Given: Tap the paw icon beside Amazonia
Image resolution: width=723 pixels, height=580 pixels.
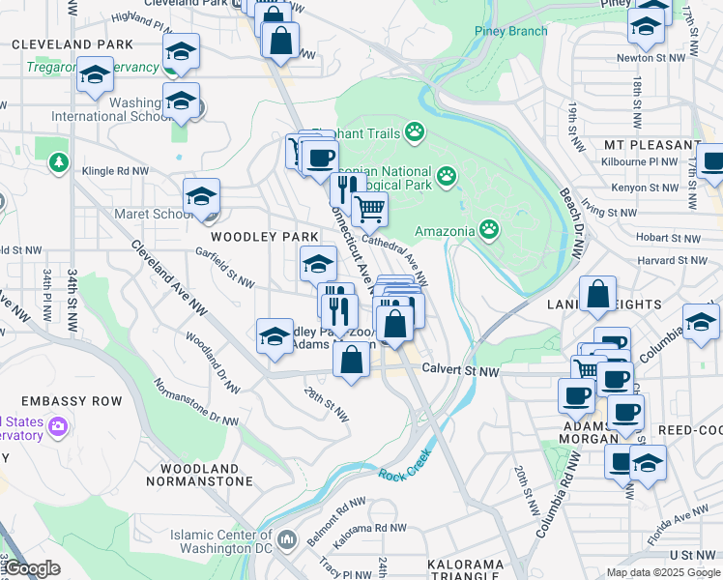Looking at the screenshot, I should coord(490,230).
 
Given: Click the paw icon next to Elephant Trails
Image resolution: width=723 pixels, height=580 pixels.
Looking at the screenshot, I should coord(415,130).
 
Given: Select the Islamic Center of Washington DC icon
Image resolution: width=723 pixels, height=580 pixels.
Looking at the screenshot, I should coord(287,537).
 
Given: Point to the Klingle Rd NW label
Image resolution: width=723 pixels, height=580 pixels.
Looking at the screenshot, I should coord(116,170).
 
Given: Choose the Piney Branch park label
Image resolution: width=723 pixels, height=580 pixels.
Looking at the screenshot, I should coord(510,31).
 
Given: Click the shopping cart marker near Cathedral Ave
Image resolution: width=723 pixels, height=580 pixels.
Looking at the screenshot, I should coord(368,208).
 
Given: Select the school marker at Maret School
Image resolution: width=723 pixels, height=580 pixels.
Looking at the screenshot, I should coord(202,197).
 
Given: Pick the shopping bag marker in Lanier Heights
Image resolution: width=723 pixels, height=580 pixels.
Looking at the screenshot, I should coord(598,294).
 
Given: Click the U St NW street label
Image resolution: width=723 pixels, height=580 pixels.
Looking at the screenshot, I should coord(692,554).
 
